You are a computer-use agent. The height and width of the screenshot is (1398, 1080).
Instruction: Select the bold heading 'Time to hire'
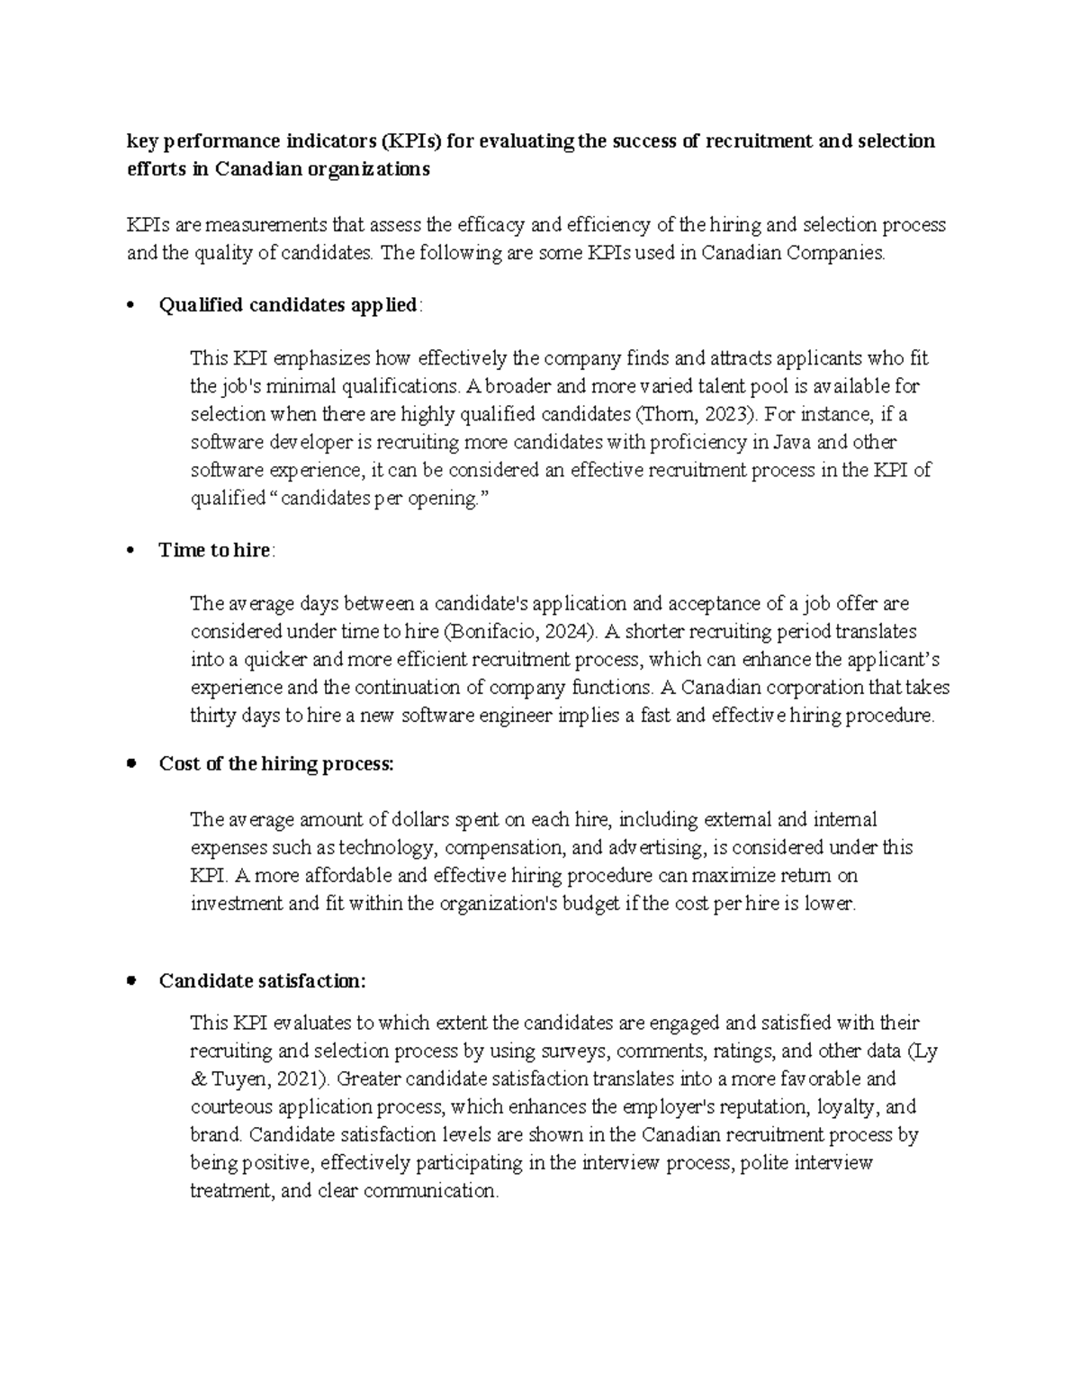214,550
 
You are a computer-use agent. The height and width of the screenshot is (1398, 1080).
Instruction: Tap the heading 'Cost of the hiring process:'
276,764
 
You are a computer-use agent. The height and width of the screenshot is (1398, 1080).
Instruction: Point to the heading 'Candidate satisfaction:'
262,980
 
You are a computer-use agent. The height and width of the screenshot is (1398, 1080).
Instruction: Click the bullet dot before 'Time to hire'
132,551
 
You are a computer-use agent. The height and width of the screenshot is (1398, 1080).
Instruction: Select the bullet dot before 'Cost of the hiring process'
132,763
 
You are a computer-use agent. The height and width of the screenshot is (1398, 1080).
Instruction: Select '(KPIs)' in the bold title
410,141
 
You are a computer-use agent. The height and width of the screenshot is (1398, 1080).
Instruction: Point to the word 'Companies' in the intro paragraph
836,253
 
